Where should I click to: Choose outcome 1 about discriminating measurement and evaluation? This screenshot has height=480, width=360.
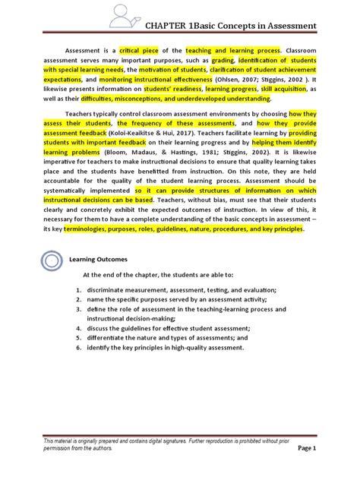tap(182, 289)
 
